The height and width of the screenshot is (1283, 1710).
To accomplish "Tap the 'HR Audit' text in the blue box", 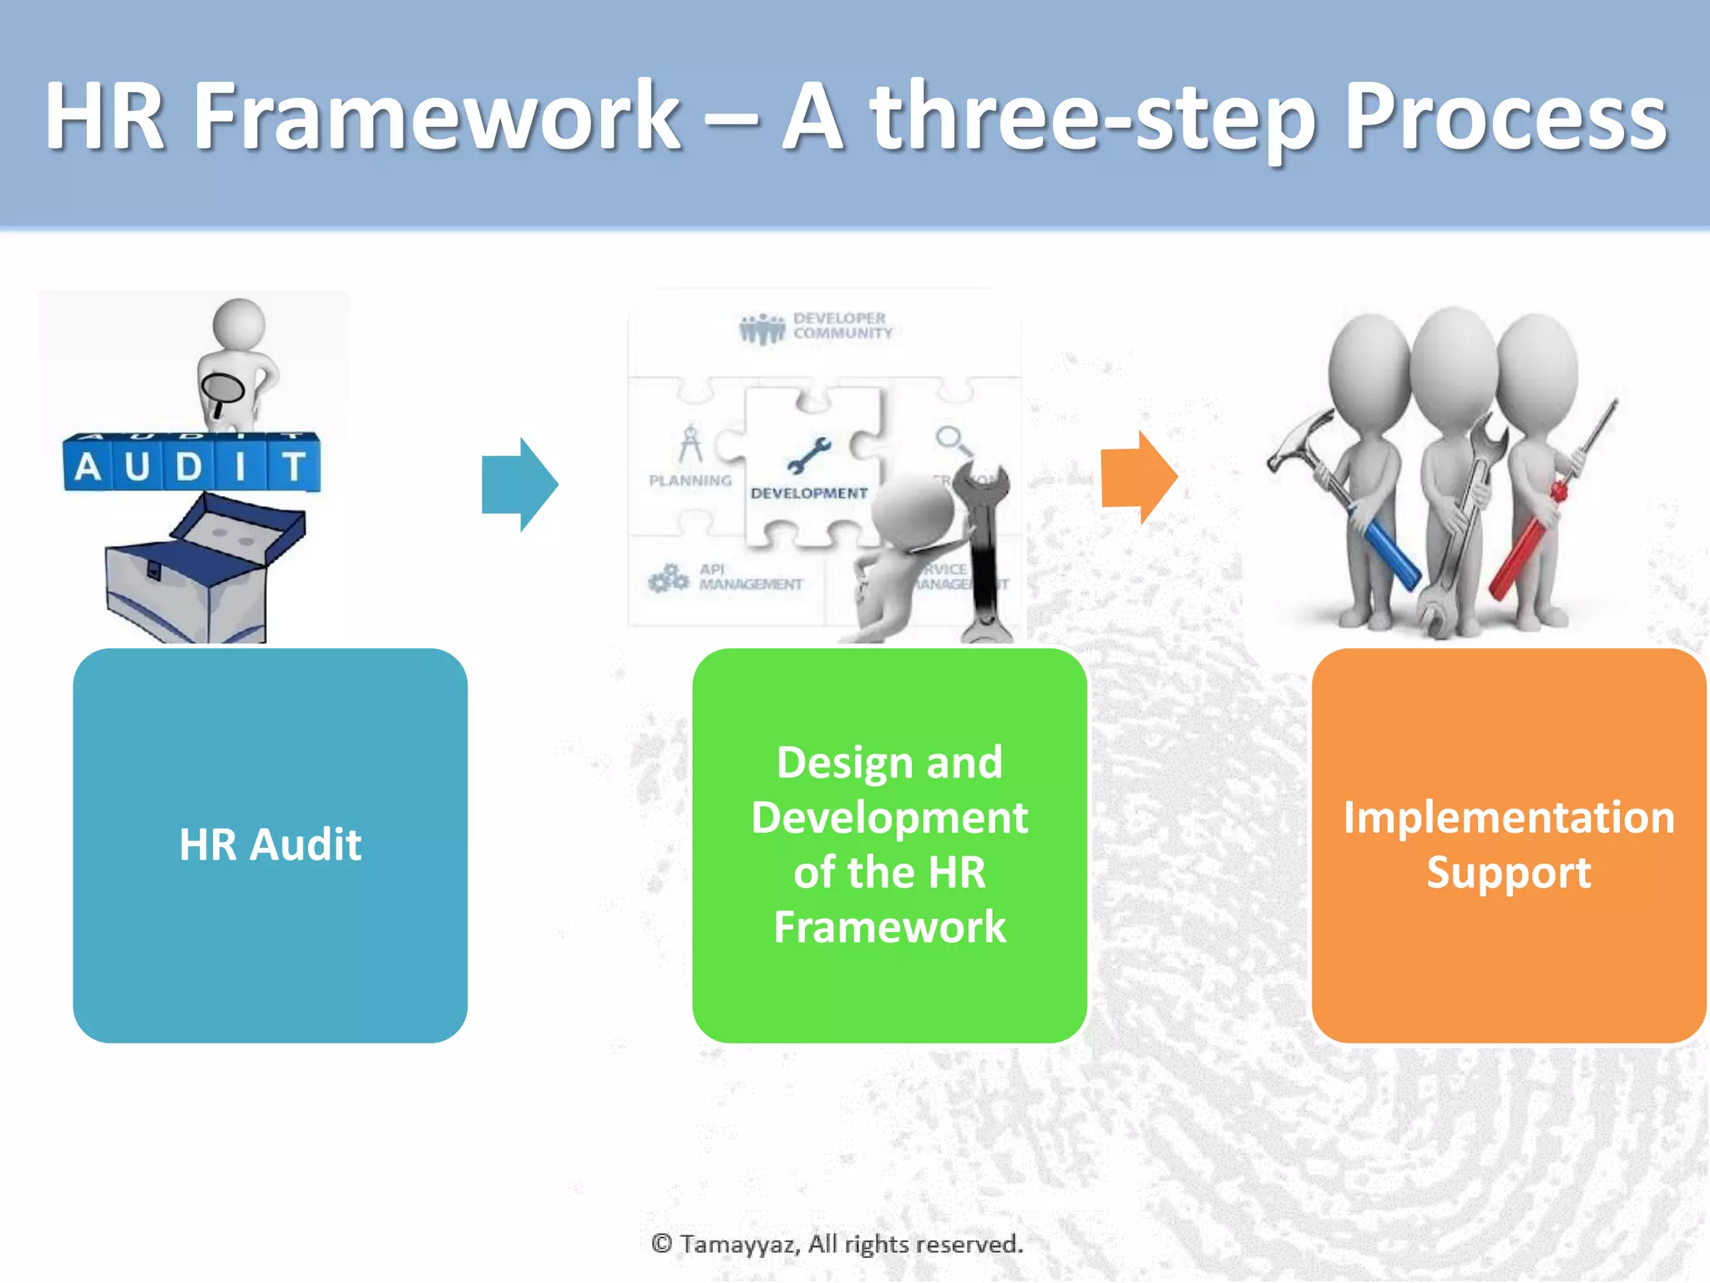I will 270,844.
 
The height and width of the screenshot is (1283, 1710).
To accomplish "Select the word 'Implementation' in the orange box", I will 1508,818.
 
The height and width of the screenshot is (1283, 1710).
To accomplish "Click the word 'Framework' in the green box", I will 889,927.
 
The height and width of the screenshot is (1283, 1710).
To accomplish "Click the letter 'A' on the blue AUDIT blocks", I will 88,467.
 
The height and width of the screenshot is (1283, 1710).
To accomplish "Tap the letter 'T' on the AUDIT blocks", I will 293,466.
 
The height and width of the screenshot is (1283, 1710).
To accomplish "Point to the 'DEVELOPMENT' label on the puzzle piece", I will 808,494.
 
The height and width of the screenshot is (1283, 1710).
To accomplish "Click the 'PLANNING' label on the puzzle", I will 690,481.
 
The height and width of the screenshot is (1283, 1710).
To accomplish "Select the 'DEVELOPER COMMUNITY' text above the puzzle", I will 842,326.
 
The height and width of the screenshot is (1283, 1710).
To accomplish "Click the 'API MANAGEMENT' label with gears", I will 749,577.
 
